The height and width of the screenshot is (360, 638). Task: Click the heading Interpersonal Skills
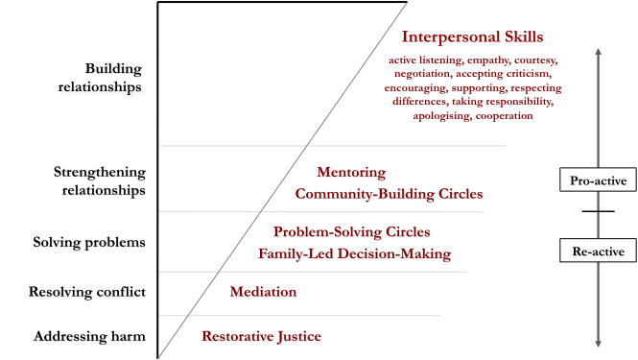(x=473, y=37)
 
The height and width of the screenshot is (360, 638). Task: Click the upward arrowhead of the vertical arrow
(x=598, y=51)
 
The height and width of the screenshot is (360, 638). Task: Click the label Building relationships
(x=113, y=78)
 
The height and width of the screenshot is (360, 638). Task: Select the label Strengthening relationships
(x=100, y=180)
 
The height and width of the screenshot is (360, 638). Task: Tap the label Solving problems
(x=99, y=242)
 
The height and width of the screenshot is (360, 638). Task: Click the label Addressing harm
(x=90, y=336)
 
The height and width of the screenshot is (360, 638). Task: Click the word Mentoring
(x=351, y=173)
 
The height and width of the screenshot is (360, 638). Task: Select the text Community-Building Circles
(x=389, y=194)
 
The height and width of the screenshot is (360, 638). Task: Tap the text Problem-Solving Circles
(x=352, y=232)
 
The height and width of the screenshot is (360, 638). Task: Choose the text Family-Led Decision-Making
(x=354, y=254)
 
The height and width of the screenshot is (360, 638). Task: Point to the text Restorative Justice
(x=261, y=336)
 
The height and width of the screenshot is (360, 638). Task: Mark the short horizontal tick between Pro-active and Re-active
(x=598, y=211)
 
